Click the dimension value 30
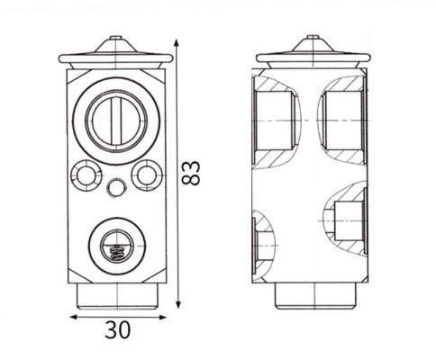point(117,329)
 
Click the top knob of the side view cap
point(312,40)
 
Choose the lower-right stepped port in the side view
point(346,216)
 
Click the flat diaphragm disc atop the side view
point(312,58)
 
